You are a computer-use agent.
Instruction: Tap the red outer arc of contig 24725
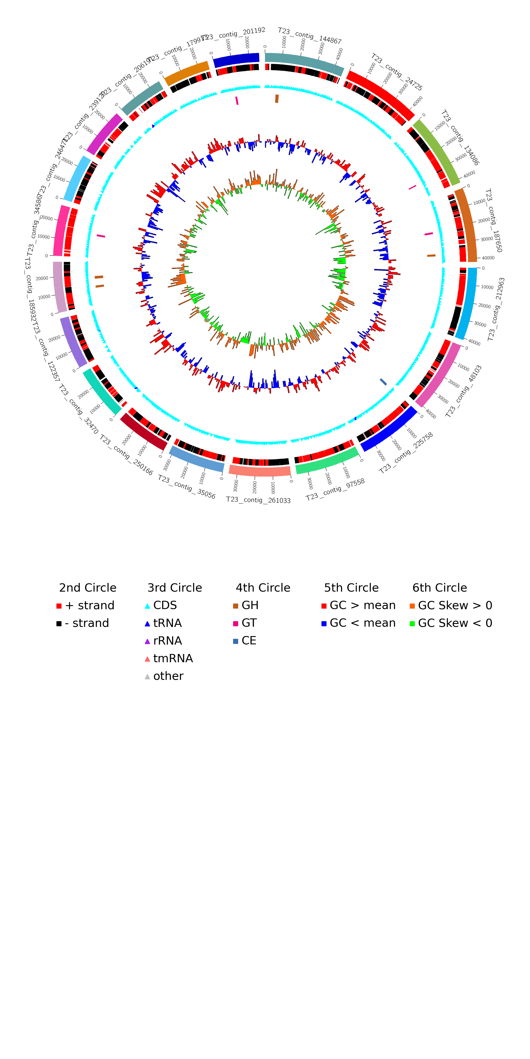[381, 94]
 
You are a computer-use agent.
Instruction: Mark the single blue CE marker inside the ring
[383, 382]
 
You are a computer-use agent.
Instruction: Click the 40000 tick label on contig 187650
[488, 258]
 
